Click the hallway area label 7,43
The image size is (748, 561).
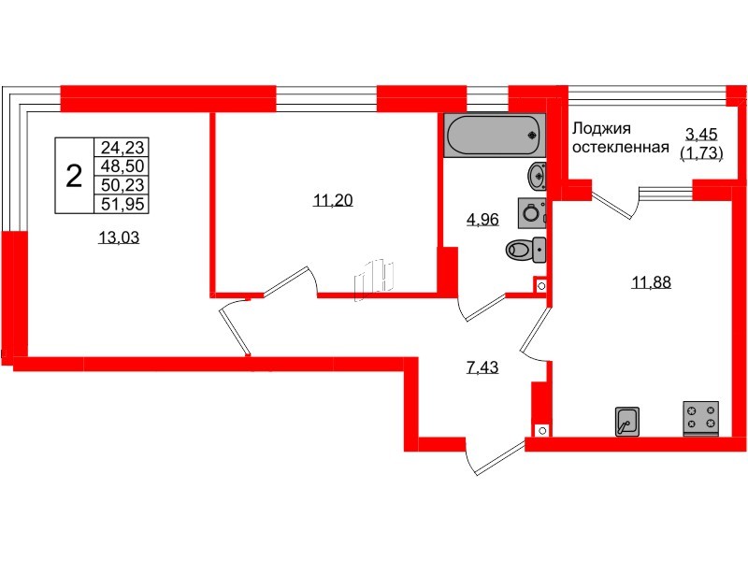(x=482, y=367)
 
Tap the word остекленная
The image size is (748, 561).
(x=620, y=148)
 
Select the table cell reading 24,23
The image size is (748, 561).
(x=124, y=147)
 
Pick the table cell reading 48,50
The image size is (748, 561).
(x=124, y=165)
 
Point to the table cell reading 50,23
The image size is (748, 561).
(x=124, y=184)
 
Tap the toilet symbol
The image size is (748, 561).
(x=525, y=250)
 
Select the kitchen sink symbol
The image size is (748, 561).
(x=626, y=421)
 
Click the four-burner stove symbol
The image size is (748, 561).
(x=701, y=417)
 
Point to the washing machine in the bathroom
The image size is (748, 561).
(x=531, y=211)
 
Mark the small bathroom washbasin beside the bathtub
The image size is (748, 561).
(x=538, y=175)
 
